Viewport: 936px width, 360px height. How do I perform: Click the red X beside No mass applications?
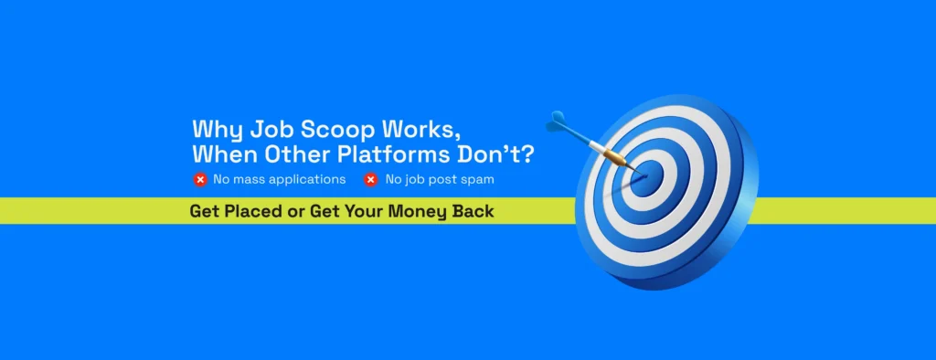click(x=200, y=179)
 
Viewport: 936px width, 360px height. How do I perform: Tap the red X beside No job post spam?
click(x=371, y=179)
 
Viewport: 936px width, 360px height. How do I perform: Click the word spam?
click(x=478, y=180)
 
